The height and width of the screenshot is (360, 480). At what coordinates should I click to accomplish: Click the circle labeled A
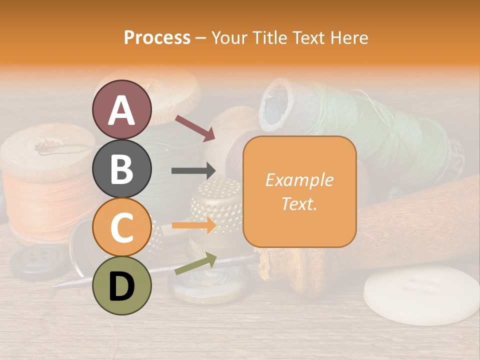coord(122,109)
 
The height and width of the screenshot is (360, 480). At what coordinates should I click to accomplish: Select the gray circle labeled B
coord(122,168)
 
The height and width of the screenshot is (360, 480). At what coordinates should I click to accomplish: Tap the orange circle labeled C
coord(122,227)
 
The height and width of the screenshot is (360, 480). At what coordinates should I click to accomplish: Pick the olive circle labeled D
coord(122,285)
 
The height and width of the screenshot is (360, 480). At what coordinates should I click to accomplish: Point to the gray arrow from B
coord(193,171)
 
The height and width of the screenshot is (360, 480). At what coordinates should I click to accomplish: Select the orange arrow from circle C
coord(193,225)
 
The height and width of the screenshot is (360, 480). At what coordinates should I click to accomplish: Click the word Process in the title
coord(157,37)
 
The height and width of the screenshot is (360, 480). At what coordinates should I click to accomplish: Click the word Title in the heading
coord(269,37)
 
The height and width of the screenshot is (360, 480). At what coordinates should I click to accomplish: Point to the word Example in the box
coord(299,180)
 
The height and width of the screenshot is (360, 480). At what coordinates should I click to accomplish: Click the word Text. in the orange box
coord(299,203)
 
